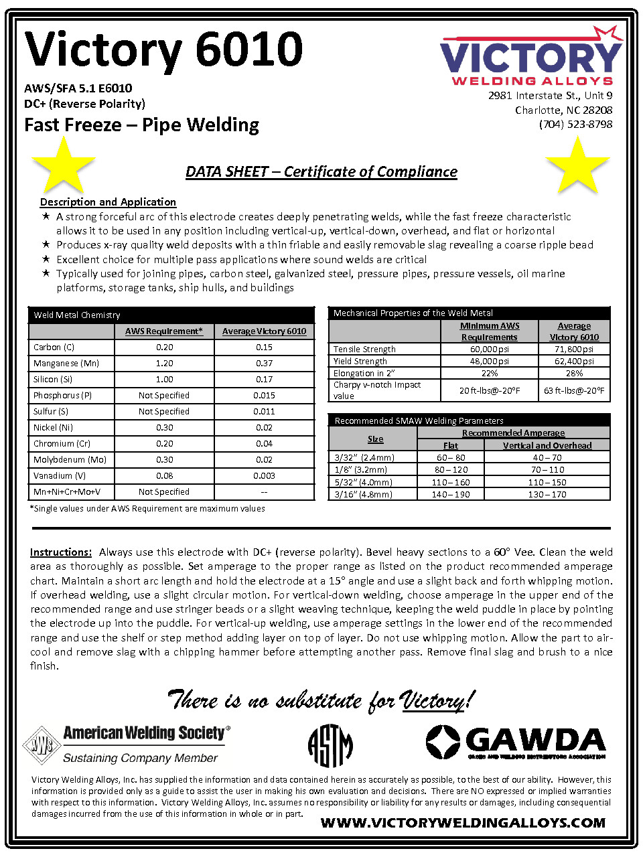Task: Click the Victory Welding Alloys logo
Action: coord(530,58)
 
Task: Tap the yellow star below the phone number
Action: coord(577,165)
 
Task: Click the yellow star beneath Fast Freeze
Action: coord(63,165)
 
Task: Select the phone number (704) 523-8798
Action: coord(575,125)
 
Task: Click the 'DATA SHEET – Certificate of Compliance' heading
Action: coord(321,172)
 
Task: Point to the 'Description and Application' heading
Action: coord(108,202)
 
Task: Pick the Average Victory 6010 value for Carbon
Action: coord(264,347)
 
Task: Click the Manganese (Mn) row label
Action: coord(66,364)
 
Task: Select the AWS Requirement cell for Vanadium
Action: coord(164,476)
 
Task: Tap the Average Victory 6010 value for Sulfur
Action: coord(264,412)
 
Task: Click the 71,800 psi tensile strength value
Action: coord(574,349)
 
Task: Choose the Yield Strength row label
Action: coord(360,362)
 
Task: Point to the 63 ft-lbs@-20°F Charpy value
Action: coord(574,390)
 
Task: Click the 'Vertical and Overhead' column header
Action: coord(547,445)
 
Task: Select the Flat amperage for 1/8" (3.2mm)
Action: coord(451,470)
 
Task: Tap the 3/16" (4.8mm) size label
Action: coord(364,495)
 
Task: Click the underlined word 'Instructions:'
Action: coord(61,552)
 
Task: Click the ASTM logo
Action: coord(330,745)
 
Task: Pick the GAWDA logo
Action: coord(516,743)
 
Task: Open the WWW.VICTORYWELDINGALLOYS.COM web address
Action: coord(463,823)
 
